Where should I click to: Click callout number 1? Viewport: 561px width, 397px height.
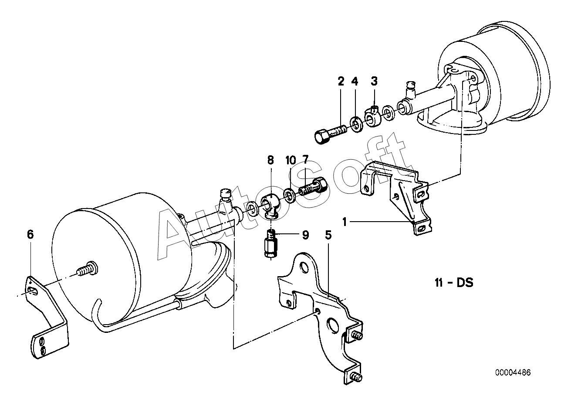tap(345, 222)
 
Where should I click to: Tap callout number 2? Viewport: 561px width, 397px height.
tap(341, 81)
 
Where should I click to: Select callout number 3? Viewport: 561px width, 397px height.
tap(374, 81)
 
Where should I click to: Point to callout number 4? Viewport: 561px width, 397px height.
tap(355, 81)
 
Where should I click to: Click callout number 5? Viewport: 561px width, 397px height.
tap(328, 235)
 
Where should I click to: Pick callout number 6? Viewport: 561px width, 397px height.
tap(30, 235)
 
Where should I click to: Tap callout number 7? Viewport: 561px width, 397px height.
tap(305, 160)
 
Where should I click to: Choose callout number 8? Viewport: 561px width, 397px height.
tap(270, 160)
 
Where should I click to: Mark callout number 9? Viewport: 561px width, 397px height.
tap(305, 235)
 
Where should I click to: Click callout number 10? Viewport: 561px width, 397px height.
tap(291, 160)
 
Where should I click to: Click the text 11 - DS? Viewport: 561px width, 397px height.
tap(454, 283)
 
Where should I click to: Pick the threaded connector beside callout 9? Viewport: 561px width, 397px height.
tap(271, 243)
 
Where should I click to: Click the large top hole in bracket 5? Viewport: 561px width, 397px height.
tap(304, 267)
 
